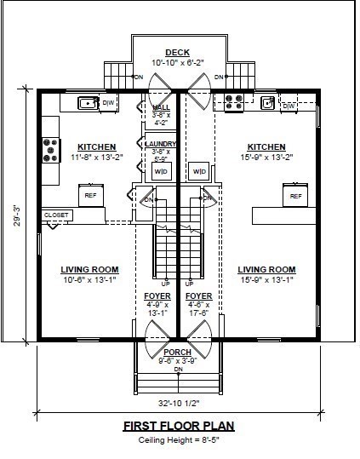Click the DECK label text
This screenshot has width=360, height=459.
(178, 53)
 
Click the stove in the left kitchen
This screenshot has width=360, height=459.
(50, 151)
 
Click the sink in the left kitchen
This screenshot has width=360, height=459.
(88, 103)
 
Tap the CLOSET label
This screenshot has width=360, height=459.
(56, 215)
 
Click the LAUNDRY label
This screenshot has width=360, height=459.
(161, 144)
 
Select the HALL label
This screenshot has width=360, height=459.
(161, 107)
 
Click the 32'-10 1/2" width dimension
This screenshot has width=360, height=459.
(178, 402)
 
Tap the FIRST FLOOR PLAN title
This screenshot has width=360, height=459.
(178, 426)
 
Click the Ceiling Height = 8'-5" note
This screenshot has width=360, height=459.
(178, 440)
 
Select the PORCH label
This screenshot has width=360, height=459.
(178, 352)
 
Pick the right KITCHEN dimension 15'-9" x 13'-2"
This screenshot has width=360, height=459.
(266, 157)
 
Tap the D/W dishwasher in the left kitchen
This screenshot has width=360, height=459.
(108, 104)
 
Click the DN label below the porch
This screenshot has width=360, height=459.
(178, 370)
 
